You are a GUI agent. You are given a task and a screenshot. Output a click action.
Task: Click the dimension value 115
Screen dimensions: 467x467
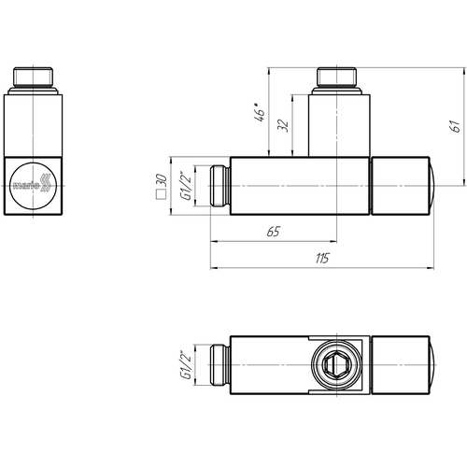[322, 258]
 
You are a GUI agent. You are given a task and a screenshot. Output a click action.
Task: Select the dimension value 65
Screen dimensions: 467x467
[274, 232]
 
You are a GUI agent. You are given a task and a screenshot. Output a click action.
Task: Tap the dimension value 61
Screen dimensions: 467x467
[455, 126]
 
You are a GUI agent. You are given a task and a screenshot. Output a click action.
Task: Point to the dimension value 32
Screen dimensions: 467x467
[283, 125]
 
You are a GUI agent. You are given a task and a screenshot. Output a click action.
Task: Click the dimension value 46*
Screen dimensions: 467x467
[260, 112]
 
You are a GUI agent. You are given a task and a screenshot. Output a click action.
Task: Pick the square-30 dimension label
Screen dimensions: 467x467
[162, 186]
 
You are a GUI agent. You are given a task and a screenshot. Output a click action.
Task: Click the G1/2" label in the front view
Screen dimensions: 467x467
[186, 186]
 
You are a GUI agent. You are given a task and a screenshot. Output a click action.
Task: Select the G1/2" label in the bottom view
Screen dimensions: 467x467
[186, 364]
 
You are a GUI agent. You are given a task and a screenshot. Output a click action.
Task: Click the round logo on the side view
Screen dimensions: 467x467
[33, 186]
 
